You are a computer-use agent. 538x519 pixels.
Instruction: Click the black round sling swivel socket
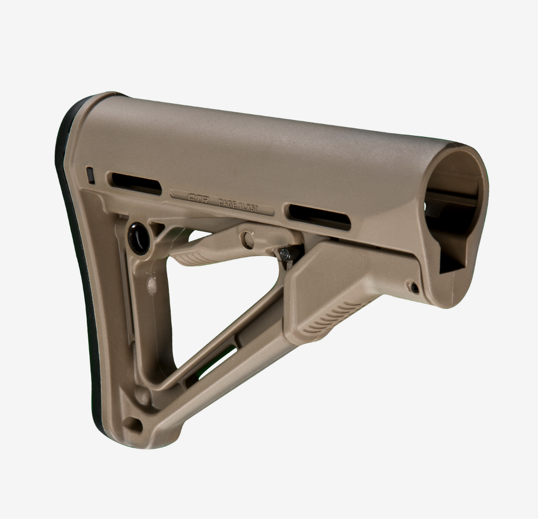tap(139, 238)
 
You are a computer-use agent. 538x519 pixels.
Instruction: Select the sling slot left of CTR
tap(136, 184)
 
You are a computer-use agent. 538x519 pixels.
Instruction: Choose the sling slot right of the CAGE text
tap(319, 218)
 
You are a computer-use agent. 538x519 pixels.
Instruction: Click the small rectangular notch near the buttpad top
tap(90, 175)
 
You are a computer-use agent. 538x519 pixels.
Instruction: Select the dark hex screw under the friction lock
tap(285, 254)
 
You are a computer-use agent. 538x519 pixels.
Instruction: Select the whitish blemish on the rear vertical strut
tap(152, 286)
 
